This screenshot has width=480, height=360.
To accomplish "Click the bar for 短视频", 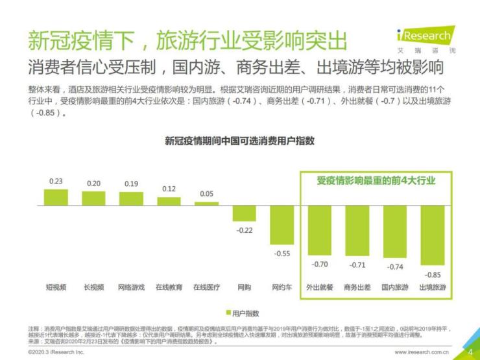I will (56, 197).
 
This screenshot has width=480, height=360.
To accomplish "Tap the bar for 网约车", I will (282, 225).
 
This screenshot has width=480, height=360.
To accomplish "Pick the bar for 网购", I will (245, 213).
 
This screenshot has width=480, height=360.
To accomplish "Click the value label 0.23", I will (56, 182).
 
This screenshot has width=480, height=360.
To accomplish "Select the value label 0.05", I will (206, 194).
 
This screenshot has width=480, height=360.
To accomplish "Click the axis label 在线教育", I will (169, 287).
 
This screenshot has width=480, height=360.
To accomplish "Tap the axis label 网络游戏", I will (131, 287).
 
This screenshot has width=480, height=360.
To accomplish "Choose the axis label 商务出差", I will (357, 287).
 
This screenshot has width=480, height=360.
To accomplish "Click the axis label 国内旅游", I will (395, 287).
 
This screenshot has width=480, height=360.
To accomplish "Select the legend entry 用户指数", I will (241, 312).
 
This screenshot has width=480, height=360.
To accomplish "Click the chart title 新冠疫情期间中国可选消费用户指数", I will (239, 141).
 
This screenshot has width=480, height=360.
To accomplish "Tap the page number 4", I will (470, 352).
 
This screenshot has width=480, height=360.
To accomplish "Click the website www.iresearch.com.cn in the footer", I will (421, 352).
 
